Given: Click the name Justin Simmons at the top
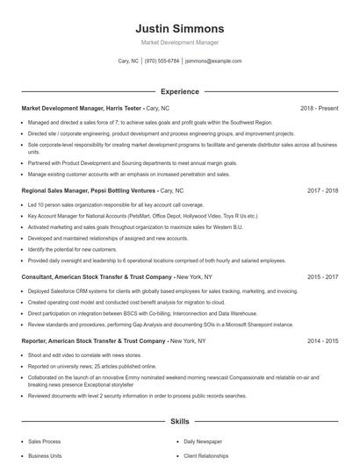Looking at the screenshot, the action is (180, 29).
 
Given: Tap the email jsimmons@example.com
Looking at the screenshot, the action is (213, 61).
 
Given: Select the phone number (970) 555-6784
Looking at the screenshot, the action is (162, 61).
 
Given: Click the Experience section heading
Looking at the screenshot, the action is (180, 91).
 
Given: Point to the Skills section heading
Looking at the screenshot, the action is (180, 421).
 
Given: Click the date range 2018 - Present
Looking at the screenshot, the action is (319, 108).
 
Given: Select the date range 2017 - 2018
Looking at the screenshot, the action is (322, 190).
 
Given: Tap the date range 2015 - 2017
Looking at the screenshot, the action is (322, 276).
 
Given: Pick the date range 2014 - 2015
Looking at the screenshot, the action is (322, 340).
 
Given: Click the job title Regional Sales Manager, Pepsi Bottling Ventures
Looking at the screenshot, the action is (88, 190).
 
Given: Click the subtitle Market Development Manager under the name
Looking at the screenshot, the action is (180, 42).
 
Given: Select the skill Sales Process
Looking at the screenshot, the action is (45, 442).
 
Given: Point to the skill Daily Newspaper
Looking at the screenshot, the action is (203, 442).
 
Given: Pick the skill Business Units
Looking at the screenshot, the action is (45, 457).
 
